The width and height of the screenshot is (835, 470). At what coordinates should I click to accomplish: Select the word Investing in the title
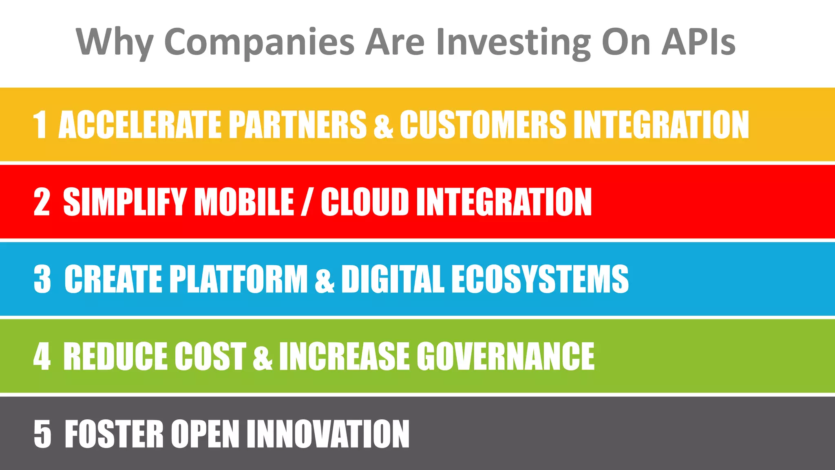(513, 42)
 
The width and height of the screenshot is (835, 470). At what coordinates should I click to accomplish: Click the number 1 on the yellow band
(40, 124)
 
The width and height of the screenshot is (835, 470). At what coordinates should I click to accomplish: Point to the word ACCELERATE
(140, 124)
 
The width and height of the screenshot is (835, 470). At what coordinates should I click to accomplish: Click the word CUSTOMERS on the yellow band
(483, 124)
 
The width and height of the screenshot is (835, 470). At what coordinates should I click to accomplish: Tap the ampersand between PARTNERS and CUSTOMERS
(383, 125)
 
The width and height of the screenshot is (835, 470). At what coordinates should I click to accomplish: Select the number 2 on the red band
(42, 202)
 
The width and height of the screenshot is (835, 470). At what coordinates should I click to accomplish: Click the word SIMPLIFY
(125, 202)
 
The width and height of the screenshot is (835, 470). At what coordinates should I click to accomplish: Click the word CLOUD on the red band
(364, 202)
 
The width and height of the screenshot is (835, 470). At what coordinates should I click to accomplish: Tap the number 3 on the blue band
(42, 279)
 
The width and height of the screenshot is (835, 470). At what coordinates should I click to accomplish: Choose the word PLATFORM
(238, 279)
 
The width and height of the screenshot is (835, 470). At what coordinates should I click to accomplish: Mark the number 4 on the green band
(42, 356)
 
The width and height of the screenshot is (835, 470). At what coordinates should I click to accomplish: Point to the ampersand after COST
(262, 357)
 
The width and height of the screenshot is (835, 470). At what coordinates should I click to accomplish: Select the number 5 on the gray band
(42, 434)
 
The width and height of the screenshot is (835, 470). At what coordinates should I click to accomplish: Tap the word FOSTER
(114, 434)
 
